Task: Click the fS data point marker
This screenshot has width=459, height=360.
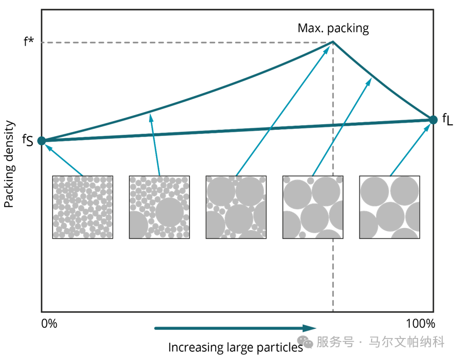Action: [42, 141]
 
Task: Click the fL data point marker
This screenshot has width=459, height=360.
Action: [433, 120]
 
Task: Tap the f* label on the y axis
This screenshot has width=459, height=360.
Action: [29, 41]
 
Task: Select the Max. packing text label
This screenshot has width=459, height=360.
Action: [333, 28]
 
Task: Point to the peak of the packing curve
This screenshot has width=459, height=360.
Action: [333, 42]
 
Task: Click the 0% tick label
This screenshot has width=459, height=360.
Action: [49, 324]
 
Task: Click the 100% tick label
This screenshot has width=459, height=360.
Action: [420, 324]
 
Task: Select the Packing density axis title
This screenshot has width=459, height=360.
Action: [9, 163]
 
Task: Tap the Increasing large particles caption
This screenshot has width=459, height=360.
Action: [236, 348]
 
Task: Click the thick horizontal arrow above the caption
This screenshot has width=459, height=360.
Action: [236, 328]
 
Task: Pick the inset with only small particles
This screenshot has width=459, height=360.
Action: [82, 207]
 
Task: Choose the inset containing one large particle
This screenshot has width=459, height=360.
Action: [159, 207]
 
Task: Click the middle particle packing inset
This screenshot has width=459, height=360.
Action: [236, 207]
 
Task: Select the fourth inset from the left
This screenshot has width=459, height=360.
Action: [312, 207]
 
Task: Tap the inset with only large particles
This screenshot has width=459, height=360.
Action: [389, 207]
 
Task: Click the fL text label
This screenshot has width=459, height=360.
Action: [447, 120]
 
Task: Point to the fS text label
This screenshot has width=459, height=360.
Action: [28, 140]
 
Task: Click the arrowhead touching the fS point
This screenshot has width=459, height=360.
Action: [48, 146]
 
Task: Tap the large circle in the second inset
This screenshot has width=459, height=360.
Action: [170, 212]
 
